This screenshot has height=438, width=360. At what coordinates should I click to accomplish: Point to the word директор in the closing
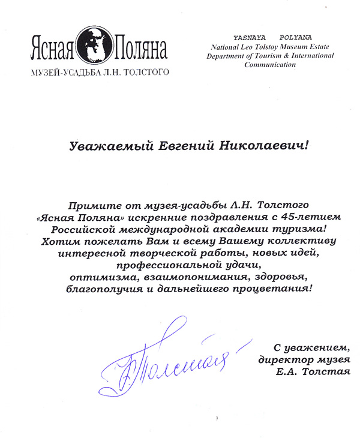click(x=280, y=360)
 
